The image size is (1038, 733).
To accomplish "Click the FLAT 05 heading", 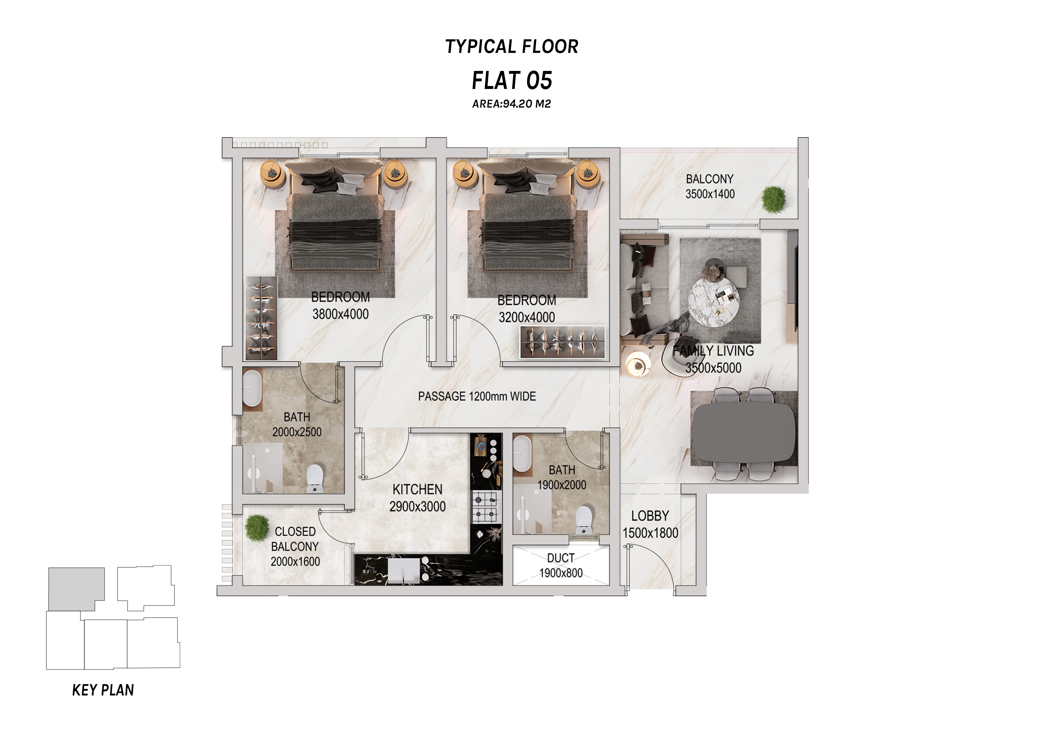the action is click(512, 81).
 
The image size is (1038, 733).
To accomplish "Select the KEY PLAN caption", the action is click(103, 690).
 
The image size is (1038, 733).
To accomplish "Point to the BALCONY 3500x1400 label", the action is click(710, 187).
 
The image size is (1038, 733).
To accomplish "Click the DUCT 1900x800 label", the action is click(561, 565).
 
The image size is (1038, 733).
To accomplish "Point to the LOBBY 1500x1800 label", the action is click(650, 524).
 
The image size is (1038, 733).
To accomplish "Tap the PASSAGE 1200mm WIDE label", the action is click(477, 397).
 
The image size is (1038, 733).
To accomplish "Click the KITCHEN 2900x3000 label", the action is click(418, 498).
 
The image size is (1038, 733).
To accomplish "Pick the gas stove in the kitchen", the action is click(485, 507).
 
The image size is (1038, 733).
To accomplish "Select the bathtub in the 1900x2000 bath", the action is click(522, 455).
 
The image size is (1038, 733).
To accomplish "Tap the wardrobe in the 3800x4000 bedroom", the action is click(261, 318).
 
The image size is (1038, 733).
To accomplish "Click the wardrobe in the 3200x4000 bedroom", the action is click(562, 342).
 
